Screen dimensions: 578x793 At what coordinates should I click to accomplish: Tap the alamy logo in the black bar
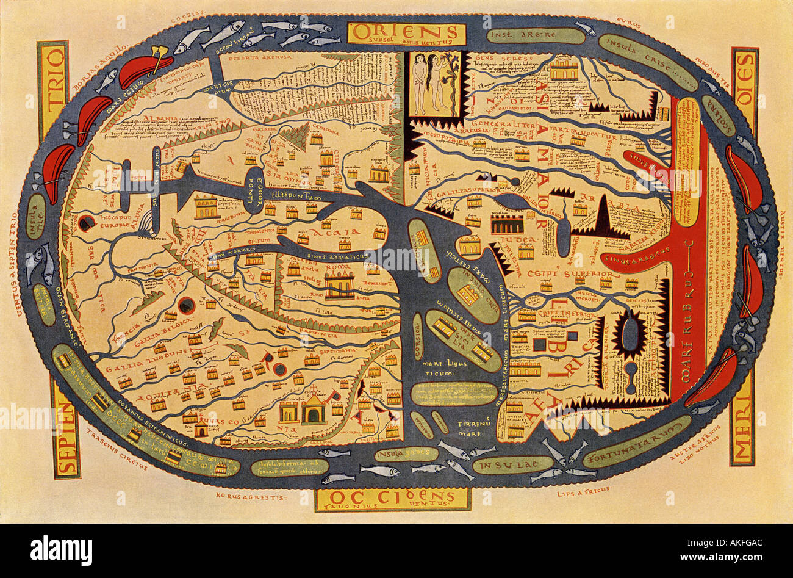point(61,549)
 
